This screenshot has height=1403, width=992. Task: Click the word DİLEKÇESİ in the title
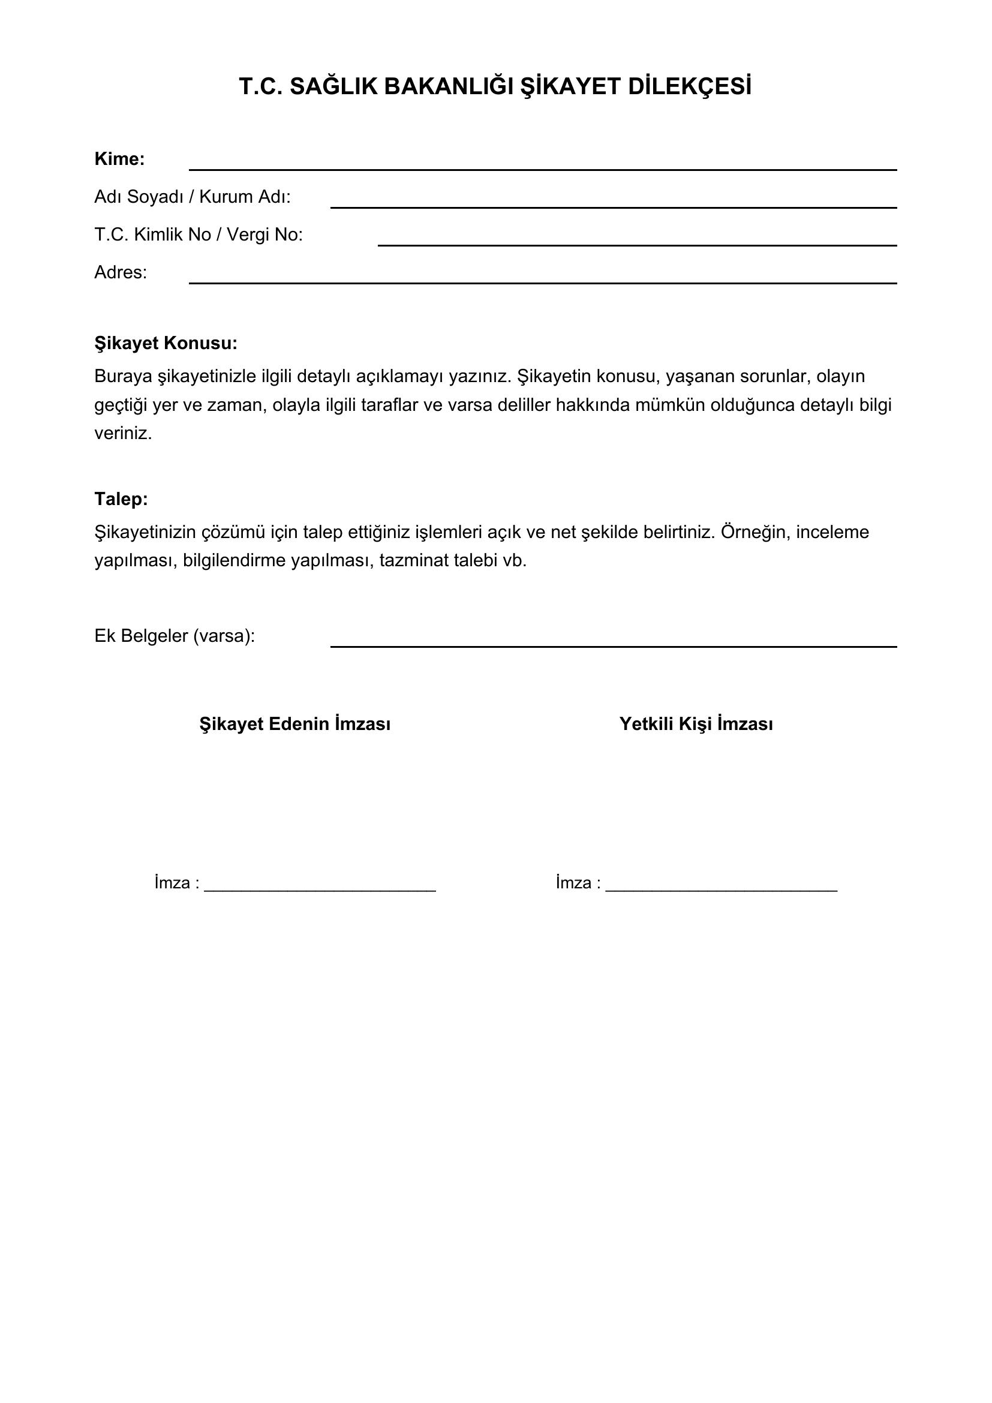690,87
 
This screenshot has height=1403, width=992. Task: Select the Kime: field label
119,160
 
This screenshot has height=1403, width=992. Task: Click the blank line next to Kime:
542,169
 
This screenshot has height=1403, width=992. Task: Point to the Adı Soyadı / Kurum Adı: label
192,197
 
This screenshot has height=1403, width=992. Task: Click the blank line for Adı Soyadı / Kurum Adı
614,207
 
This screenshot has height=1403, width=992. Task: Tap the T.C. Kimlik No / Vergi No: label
199,235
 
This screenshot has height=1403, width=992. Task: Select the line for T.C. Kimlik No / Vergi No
637,245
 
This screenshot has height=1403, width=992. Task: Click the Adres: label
121,272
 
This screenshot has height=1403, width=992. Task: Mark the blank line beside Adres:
542,283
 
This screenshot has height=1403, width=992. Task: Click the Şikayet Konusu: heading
166,344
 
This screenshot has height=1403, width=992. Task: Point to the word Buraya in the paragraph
124,377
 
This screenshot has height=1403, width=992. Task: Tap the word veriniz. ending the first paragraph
123,434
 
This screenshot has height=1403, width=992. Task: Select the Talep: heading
121,499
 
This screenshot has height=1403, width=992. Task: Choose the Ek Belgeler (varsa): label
174,636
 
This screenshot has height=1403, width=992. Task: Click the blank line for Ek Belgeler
614,646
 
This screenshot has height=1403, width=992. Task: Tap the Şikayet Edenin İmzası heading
295,724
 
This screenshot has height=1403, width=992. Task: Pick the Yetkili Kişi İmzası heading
696,724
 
